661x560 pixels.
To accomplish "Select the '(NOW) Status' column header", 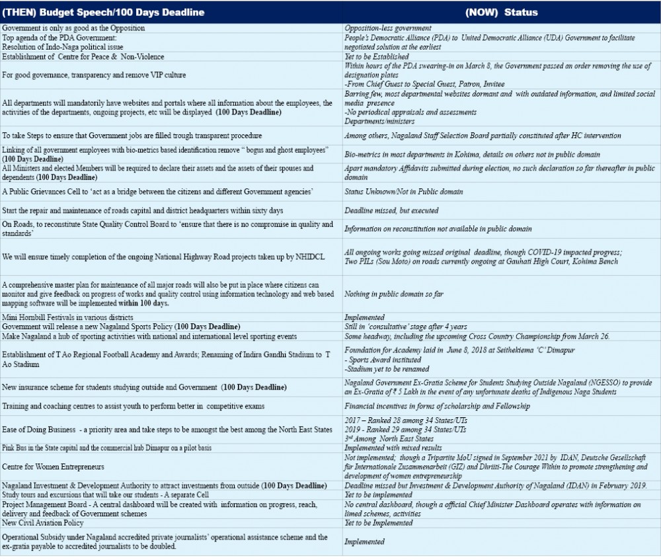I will (x=502, y=13).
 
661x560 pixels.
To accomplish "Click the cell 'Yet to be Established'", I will (x=377, y=58).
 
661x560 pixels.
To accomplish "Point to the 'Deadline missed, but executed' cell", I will (x=391, y=211).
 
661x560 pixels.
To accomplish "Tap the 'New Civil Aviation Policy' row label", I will (x=47, y=522).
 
